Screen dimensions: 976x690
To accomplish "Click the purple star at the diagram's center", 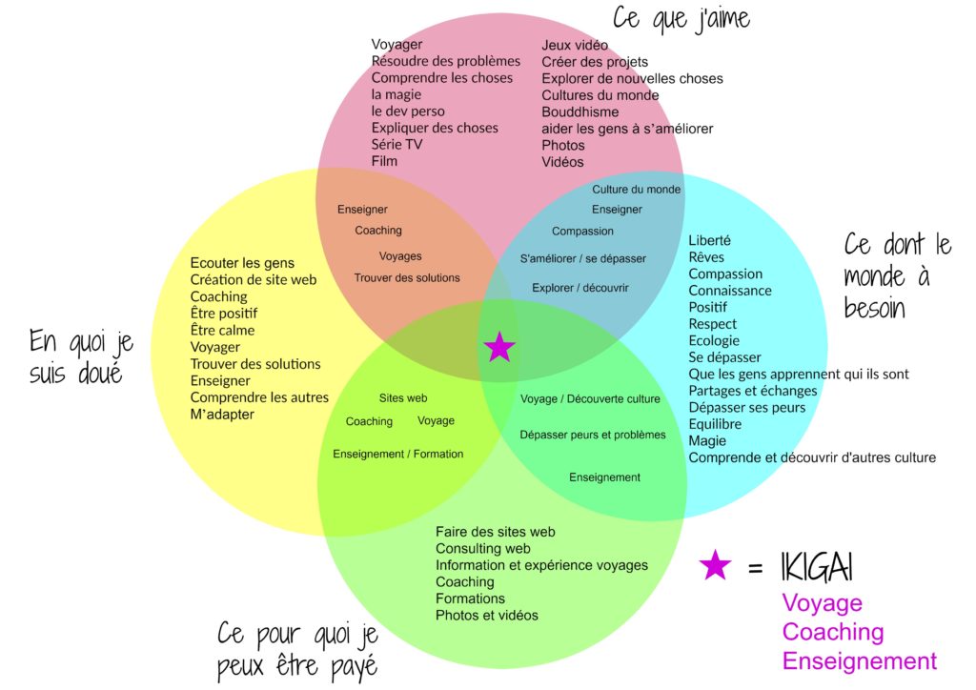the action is (499, 347).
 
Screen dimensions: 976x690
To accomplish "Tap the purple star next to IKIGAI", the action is (715, 565).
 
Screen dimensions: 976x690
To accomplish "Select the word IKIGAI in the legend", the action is (816, 567).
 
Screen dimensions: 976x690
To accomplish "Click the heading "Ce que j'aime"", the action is (681, 19).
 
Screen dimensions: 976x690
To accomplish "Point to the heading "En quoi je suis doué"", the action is (81, 357).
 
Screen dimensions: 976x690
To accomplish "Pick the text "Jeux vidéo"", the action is (575, 45).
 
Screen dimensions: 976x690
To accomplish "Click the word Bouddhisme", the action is (580, 112).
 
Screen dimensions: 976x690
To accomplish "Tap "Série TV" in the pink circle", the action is (396, 144).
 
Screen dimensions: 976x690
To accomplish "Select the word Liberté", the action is (709, 240).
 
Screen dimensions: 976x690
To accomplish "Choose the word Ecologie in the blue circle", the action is (714, 340).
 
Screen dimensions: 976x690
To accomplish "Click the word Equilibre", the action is (715, 424).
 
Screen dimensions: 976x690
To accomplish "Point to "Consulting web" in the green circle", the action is (483, 548).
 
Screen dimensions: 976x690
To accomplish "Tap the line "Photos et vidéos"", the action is (487, 616).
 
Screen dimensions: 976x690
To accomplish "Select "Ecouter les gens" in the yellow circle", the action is (242, 263).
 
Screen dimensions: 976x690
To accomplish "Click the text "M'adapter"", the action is (222, 415).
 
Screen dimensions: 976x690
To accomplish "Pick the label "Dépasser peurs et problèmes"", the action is (593, 435).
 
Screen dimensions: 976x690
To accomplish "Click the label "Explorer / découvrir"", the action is (580, 288).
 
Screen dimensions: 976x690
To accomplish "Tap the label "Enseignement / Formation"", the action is (397, 455).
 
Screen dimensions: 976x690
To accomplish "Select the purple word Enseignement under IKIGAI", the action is (859, 660).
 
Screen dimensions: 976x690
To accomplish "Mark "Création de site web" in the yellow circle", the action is (254, 280).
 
